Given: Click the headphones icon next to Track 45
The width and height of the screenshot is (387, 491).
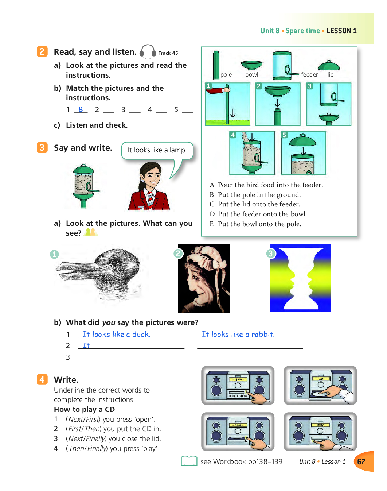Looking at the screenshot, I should click(148, 52).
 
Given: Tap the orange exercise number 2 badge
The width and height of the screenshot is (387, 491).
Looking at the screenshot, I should click(42, 51).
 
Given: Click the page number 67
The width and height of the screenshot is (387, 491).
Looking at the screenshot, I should click(361, 461).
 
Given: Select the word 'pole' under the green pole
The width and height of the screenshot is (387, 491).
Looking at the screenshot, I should click(226, 74).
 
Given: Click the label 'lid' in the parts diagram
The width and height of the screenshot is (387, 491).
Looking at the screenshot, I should click(331, 74).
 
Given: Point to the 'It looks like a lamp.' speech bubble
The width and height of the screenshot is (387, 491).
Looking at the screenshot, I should click(157, 150).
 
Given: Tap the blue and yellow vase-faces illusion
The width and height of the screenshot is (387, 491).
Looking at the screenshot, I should click(301, 278).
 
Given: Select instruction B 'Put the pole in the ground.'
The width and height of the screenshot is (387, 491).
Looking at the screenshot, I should click(259, 195).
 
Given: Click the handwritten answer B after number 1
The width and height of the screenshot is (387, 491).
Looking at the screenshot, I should click(81, 109).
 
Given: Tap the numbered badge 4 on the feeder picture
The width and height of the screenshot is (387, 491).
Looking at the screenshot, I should click(233, 135).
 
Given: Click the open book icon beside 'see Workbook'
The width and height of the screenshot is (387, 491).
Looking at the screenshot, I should click(189, 461).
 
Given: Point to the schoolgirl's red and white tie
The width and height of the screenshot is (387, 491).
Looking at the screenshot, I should click(150, 199).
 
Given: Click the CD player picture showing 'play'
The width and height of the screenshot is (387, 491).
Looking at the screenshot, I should click(320, 432).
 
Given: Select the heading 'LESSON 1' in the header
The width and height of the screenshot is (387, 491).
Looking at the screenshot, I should click(341, 31).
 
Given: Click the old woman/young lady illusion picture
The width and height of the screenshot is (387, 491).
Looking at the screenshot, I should click(203, 278).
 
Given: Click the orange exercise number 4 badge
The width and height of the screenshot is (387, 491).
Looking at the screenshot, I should click(42, 379).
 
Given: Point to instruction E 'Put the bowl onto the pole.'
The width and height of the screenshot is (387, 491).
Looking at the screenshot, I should click(259, 224).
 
